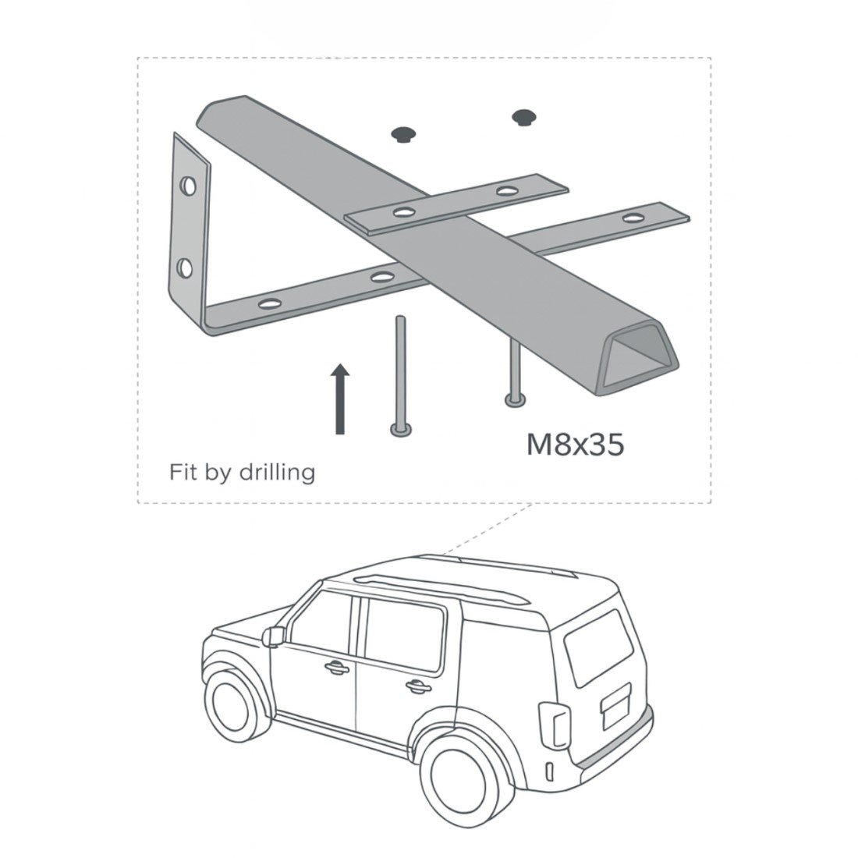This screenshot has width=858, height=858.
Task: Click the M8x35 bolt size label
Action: (575, 445)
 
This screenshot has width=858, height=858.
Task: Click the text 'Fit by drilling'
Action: (243, 472)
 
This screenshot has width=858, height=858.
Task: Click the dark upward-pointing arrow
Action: (340, 399)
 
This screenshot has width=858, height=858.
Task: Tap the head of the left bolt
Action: (401, 431)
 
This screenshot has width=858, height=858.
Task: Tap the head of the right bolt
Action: (516, 400)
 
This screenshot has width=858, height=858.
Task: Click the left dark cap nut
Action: (404, 133)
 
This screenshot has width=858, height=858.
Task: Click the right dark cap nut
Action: (523, 117)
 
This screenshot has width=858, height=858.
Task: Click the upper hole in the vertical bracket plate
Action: (188, 186)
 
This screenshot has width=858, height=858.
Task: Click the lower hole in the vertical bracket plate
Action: (185, 268)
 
